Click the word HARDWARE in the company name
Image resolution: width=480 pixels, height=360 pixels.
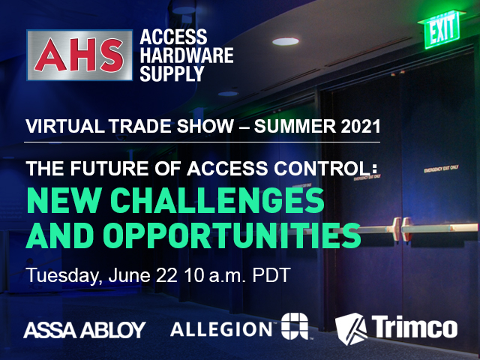186,55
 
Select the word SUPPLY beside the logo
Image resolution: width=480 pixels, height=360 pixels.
172,74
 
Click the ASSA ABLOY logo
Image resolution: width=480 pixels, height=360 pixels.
85,328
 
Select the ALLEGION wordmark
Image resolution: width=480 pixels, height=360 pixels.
223,328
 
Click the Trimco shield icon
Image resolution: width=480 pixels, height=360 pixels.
349,327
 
